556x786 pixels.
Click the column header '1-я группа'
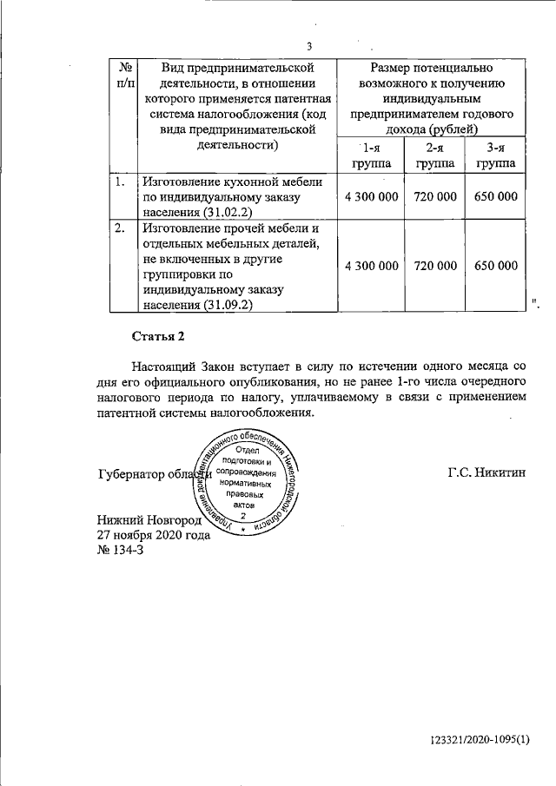(x=371, y=155)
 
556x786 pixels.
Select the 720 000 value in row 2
(x=434, y=265)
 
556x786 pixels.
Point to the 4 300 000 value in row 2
(x=371, y=265)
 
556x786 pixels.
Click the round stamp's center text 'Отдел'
(x=248, y=450)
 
